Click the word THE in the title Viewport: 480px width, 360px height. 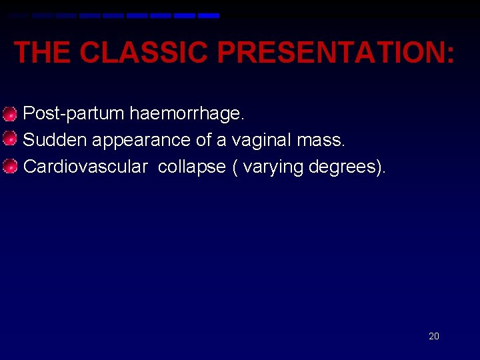click(41, 52)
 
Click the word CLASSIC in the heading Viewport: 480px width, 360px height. click(143, 52)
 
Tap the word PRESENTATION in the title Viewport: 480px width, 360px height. click(329, 52)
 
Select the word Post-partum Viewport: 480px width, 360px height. click(73, 114)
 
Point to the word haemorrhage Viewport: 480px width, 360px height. click(187, 114)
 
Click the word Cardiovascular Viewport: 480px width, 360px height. click(85, 167)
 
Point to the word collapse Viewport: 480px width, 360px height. click(192, 167)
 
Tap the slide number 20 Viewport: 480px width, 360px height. click(433, 336)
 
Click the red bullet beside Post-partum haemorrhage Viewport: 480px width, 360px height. click(9, 114)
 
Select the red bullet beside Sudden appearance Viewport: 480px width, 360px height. click(9, 140)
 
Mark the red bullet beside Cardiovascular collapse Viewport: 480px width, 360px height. click(9, 167)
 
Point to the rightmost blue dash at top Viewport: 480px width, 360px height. click(209, 15)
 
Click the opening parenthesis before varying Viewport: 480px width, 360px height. click(235, 167)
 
